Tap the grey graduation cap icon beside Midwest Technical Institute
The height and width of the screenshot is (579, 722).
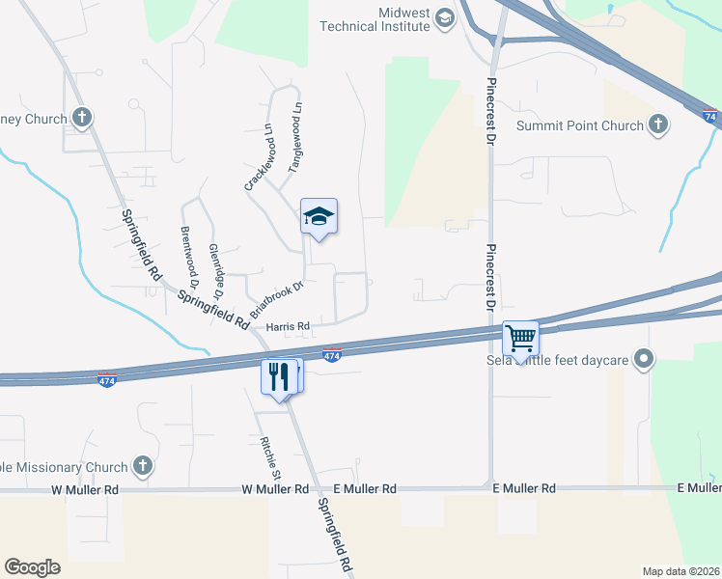click(444, 18)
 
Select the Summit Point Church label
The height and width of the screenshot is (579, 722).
click(579, 125)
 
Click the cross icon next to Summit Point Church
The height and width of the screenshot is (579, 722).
click(658, 124)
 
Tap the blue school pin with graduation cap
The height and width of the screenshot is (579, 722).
click(319, 218)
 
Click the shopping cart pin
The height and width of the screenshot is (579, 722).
click(520, 339)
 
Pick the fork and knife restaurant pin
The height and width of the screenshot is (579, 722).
click(279, 375)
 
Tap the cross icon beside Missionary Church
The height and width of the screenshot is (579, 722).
click(143, 467)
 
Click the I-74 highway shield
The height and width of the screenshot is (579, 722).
click(709, 116)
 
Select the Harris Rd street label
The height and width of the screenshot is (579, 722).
click(287, 327)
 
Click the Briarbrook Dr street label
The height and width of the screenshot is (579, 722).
click(277, 300)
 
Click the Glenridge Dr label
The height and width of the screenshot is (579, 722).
click(218, 270)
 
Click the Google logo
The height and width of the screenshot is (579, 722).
click(32, 567)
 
